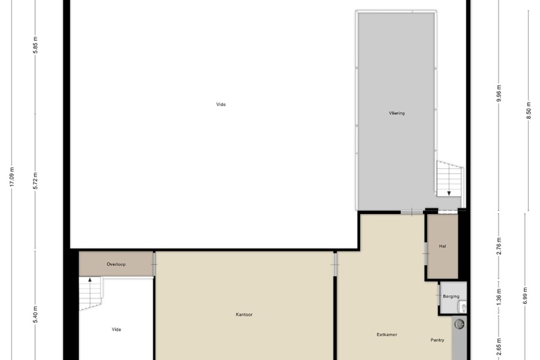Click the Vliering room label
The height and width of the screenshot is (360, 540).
pyautogui.click(x=397, y=113)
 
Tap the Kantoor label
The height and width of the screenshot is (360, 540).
pyautogui.click(x=244, y=314)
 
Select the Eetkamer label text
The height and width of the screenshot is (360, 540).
pyautogui.click(x=387, y=334)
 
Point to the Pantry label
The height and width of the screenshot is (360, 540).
pyautogui.click(x=438, y=340)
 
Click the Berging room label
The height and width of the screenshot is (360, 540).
pyautogui.click(x=451, y=296)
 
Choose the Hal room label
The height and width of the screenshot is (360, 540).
pyautogui.click(x=442, y=246)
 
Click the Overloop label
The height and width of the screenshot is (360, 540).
pyautogui.click(x=116, y=264)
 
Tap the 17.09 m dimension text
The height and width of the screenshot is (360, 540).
pyautogui.click(x=12, y=177)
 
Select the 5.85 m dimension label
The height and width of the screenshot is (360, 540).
pyautogui.click(x=35, y=45)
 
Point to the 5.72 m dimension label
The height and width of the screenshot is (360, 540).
pyautogui.click(x=35, y=181)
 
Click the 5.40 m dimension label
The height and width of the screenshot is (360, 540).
pyautogui.click(x=35, y=314)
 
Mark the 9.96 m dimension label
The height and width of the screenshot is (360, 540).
pyautogui.click(x=499, y=93)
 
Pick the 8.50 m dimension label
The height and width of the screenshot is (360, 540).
pyautogui.click(x=529, y=111)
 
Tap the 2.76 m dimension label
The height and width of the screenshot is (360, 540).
pyautogui.click(x=499, y=246)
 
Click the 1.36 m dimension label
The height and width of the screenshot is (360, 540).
pyautogui.click(x=499, y=297)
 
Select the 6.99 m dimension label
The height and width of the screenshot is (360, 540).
pyautogui.click(x=525, y=296)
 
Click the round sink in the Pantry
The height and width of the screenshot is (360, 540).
pyautogui.click(x=460, y=324)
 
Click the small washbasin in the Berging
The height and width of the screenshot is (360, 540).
pyautogui.click(x=463, y=306)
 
